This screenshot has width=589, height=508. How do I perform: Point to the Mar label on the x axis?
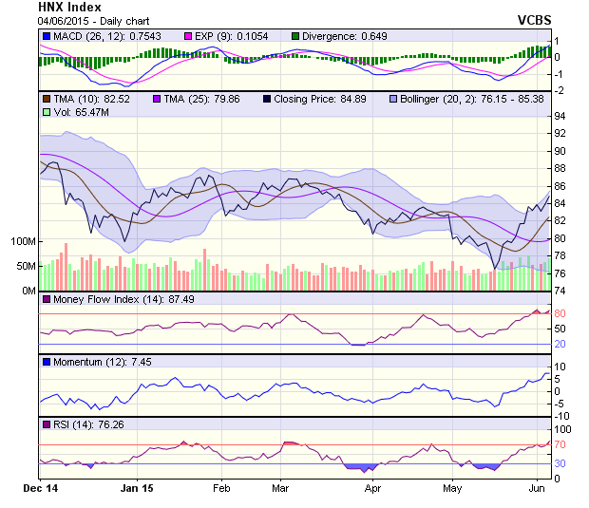(x=279, y=490)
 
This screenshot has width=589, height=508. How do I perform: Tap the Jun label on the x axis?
(x=536, y=490)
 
